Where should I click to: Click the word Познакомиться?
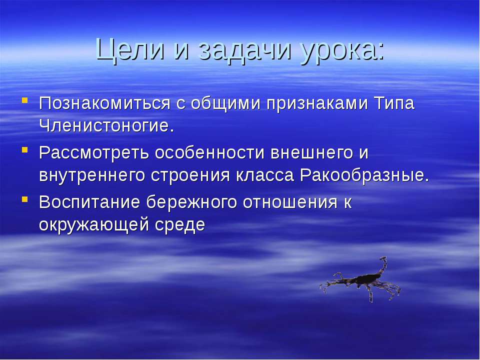point(104,103)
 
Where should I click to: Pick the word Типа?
point(394,103)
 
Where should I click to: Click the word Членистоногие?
point(107,125)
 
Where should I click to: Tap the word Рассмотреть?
point(94,152)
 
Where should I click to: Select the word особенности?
point(209,152)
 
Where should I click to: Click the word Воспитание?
point(89,202)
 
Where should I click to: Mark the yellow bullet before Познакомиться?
point(25,100)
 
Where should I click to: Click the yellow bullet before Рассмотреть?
point(25,149)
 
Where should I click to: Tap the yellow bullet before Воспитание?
point(25,199)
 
